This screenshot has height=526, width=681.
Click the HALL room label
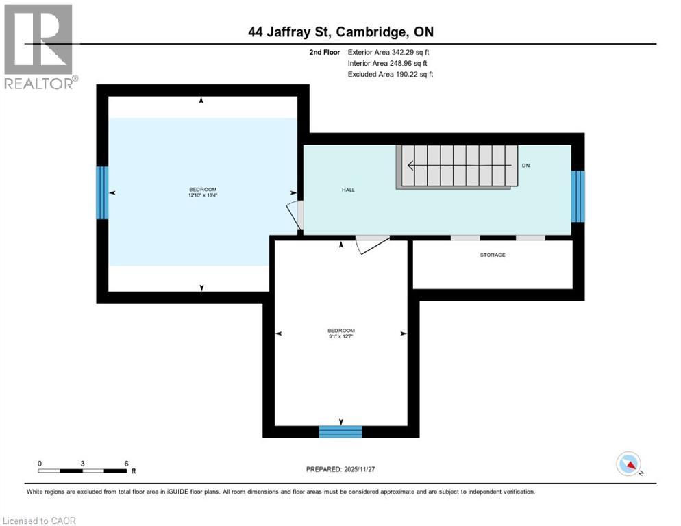click(x=349, y=190)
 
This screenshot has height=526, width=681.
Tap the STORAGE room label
click(x=492, y=255)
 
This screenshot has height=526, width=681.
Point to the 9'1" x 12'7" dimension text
click(x=340, y=336)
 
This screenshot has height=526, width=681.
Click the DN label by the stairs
click(x=525, y=166)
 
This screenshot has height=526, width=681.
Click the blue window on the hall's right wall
click(x=578, y=196)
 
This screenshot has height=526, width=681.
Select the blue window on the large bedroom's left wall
click(x=102, y=192)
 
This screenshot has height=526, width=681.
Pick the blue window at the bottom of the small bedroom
click(x=340, y=431)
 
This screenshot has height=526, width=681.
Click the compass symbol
click(x=628, y=464)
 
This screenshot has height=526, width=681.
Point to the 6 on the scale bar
click(x=127, y=463)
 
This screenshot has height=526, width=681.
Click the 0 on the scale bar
click(x=40, y=463)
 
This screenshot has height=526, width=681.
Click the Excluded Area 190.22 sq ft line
click(x=391, y=74)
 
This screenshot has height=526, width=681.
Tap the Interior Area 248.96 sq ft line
click(x=388, y=63)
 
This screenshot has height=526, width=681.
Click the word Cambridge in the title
click(x=377, y=32)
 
